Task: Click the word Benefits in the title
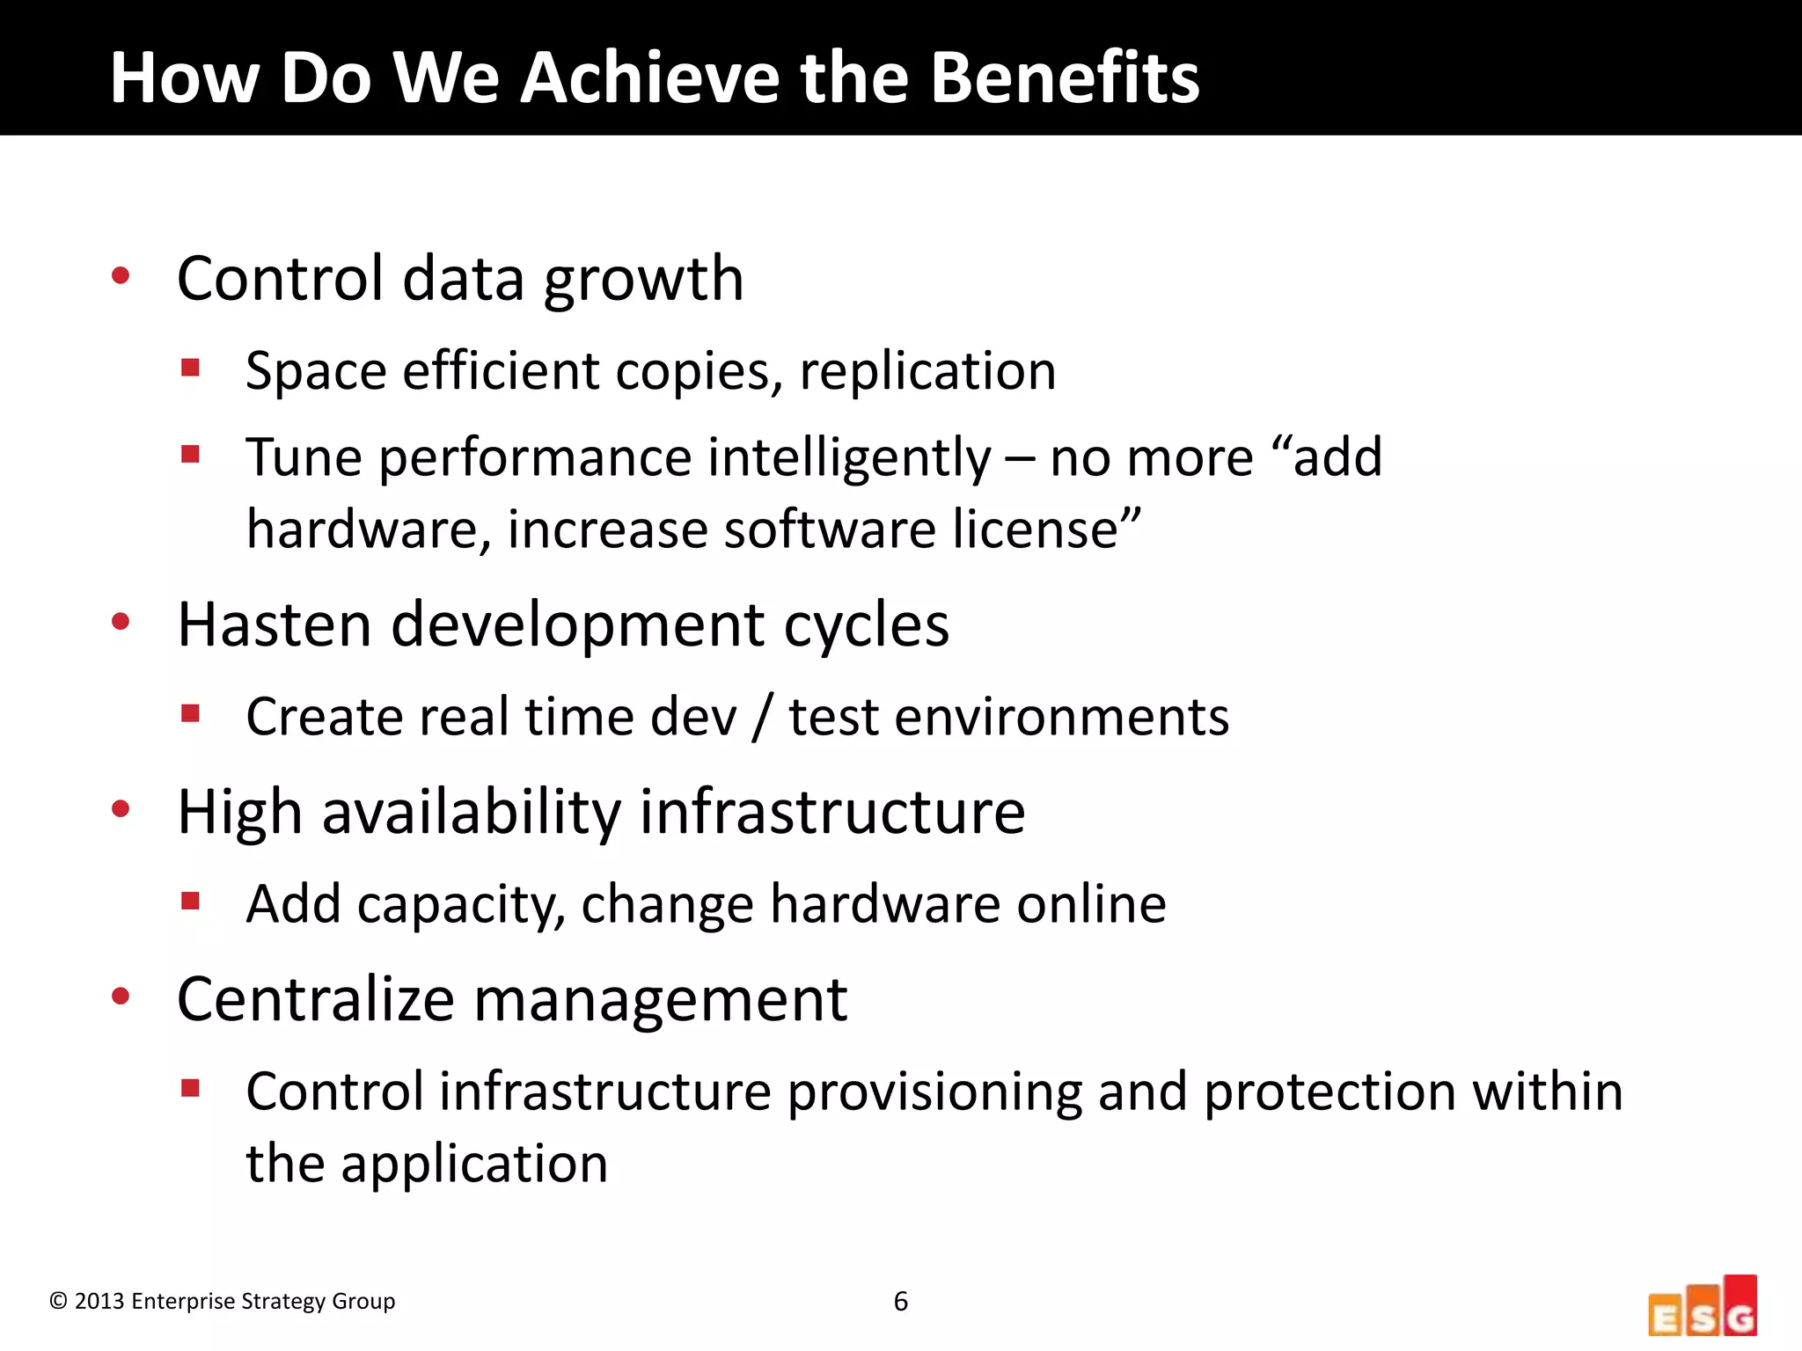pyautogui.click(x=1065, y=77)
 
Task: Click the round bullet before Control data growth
pyautogui.click(x=121, y=276)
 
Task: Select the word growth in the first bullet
pyautogui.click(x=644, y=280)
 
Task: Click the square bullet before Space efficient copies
pyautogui.click(x=190, y=367)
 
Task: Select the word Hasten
pyautogui.click(x=275, y=624)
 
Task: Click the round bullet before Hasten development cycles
pyautogui.click(x=121, y=622)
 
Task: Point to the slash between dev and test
pyautogui.click(x=763, y=718)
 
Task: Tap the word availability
pyautogui.click(x=472, y=812)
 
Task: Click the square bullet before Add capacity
pyautogui.click(x=190, y=901)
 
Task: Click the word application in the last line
pyautogui.click(x=474, y=1165)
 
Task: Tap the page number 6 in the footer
pyautogui.click(x=901, y=1301)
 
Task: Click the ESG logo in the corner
pyautogui.click(x=1703, y=1305)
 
